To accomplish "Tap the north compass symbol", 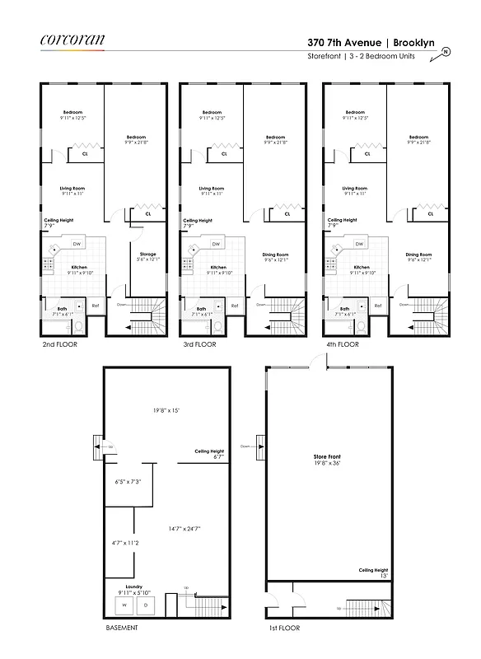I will [x=446, y=51].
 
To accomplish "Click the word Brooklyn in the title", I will [x=417, y=41].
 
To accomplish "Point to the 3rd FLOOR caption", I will [x=200, y=344].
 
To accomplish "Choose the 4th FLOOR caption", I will [x=343, y=344].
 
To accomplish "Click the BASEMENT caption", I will [x=122, y=627].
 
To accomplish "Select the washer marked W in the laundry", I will [x=125, y=605].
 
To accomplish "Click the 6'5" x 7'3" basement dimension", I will [x=128, y=481].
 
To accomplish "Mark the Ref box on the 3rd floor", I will [x=234, y=306].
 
